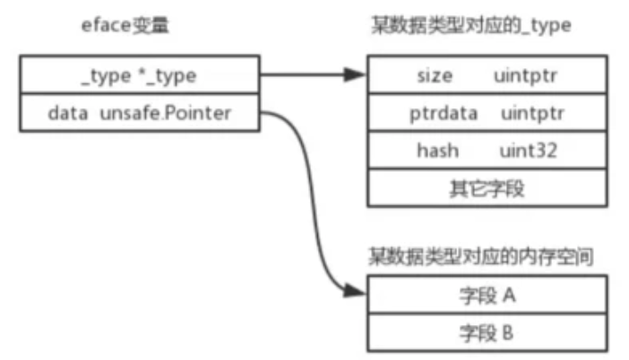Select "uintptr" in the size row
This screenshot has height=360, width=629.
pos(522,77)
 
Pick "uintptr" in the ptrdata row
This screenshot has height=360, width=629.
pos(531,114)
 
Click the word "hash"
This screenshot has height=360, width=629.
pos(436,150)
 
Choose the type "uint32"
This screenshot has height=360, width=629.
pos(529,150)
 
